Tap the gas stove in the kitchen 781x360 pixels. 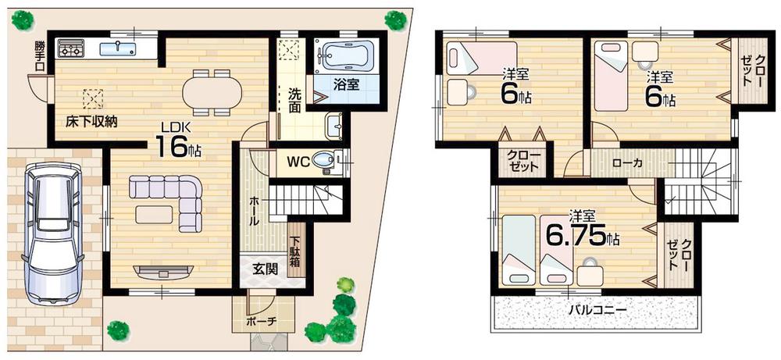[71, 51]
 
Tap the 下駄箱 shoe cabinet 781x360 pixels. [296, 251]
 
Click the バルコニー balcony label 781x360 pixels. [597, 309]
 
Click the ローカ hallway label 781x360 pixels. [622, 164]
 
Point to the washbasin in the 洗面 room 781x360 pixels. [333, 124]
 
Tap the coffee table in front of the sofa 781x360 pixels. [154, 213]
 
